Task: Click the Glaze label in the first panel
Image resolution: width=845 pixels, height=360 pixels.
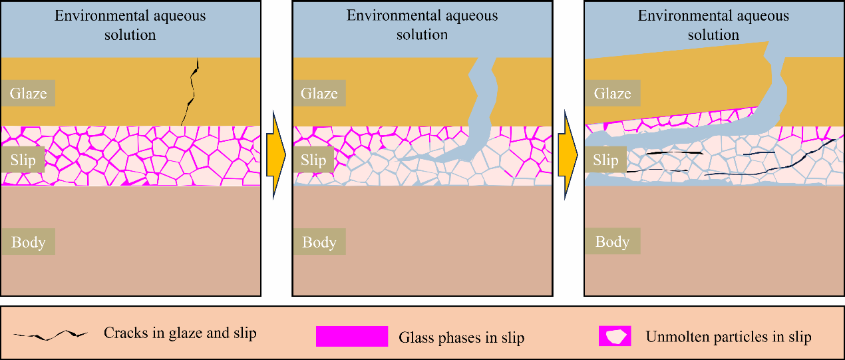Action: [28, 93]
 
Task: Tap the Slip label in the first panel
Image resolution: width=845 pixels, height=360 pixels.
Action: [24, 160]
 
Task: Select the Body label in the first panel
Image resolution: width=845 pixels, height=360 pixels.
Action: [28, 242]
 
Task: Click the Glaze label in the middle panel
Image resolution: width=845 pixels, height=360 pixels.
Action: [319, 93]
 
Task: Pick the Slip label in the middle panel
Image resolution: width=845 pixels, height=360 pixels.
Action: [313, 160]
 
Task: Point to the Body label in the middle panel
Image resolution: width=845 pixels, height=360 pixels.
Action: [319, 242]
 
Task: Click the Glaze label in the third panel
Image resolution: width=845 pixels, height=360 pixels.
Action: [612, 93]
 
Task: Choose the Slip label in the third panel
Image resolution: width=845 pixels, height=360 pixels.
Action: [605, 160]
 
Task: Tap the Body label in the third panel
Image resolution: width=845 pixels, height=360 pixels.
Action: [612, 242]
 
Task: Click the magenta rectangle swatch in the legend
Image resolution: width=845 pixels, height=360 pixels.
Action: [352, 336]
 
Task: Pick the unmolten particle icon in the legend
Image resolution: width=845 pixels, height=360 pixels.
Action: [615, 336]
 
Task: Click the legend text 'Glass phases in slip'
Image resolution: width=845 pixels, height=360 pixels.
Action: [461, 337]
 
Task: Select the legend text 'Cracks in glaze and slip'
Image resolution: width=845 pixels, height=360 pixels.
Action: [180, 333]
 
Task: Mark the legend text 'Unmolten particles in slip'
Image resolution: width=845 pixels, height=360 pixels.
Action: [728, 337]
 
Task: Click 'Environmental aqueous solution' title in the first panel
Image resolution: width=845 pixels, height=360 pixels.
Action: [130, 25]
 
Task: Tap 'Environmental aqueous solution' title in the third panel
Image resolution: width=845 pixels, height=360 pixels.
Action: [714, 25]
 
